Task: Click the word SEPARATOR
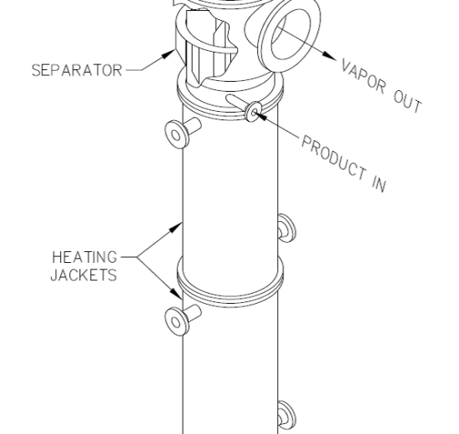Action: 77,71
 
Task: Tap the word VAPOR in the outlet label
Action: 363,76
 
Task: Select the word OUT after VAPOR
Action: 407,102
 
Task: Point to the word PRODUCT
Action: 334,157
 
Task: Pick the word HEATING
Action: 84,257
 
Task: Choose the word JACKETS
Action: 83,275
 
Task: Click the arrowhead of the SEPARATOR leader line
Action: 169,54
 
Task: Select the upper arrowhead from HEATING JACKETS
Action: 176,227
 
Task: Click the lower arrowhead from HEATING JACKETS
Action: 176,293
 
